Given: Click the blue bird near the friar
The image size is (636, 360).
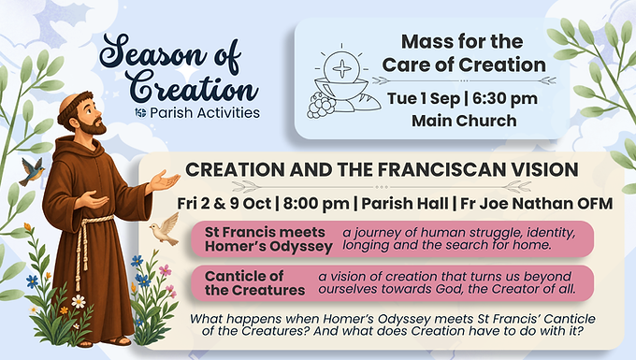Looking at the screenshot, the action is [x=32, y=170].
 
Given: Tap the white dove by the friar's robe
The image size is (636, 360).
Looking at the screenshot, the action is [x=166, y=230].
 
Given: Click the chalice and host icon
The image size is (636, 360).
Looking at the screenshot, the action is [x=342, y=79].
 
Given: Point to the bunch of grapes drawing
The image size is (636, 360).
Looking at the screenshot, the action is [x=321, y=105].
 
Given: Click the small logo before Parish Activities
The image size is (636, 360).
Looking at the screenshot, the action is [x=140, y=113].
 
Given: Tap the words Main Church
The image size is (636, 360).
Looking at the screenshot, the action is [x=464, y=121].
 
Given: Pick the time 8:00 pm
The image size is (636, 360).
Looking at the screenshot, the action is [x=316, y=204].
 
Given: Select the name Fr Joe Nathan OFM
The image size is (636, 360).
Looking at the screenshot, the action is [x=536, y=204].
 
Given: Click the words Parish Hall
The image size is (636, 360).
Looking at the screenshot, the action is [x=405, y=204].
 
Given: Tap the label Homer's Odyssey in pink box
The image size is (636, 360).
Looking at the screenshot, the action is [x=268, y=246].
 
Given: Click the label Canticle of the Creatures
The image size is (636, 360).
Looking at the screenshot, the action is [x=254, y=283].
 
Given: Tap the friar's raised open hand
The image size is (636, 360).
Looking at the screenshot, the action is [x=164, y=180].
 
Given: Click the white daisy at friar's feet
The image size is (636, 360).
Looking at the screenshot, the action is [x=79, y=301].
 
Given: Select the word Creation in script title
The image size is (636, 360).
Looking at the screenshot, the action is [x=194, y=88].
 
